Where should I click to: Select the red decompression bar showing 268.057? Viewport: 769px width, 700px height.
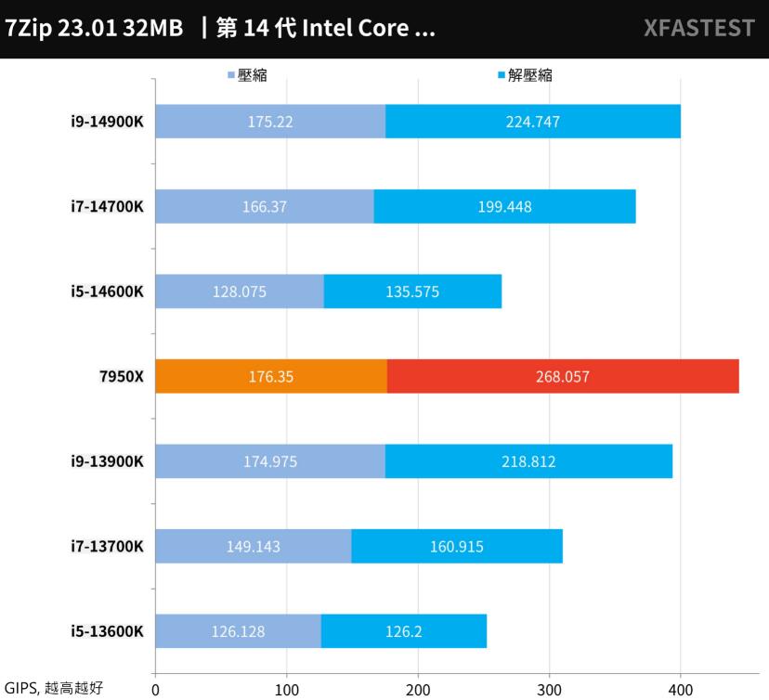tap(563, 376)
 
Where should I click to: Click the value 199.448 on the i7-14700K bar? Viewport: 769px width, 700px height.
tap(504, 207)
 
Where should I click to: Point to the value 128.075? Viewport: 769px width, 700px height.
tap(239, 292)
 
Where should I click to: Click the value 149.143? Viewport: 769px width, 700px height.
tap(253, 546)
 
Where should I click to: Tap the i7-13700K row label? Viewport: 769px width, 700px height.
tap(108, 546)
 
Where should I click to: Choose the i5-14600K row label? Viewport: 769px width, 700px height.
tap(108, 292)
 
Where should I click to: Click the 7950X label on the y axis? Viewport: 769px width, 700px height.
tap(121, 377)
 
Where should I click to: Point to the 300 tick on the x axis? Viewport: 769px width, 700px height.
tap(550, 690)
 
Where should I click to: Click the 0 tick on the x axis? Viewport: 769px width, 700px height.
tap(155, 690)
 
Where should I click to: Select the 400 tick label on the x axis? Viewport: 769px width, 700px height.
tap(681, 690)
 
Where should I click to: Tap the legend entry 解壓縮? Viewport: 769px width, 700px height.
tap(529, 75)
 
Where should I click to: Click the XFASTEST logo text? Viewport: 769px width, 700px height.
tap(698, 28)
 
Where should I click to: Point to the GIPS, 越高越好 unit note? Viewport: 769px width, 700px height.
tap(54, 688)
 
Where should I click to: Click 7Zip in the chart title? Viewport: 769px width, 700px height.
tap(28, 28)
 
